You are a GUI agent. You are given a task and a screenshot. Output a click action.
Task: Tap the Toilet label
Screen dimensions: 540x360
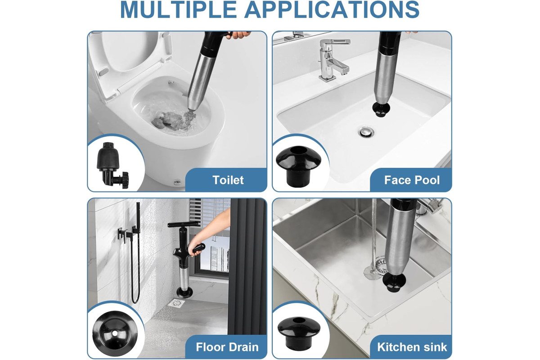[228, 180]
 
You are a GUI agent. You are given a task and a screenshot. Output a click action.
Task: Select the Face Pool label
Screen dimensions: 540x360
[412, 180]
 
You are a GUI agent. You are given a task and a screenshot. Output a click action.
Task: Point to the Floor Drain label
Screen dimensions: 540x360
[227, 347]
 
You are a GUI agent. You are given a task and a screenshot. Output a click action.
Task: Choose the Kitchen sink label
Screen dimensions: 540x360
[412, 347]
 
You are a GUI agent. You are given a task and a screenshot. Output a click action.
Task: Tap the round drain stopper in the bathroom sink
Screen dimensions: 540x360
[366, 132]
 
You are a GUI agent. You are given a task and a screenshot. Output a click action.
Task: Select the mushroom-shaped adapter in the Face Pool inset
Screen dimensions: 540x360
[298, 166]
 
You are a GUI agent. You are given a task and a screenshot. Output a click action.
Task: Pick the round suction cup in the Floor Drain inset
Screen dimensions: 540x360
[115, 333]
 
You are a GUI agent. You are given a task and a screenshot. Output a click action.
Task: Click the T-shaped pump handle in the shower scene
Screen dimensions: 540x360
[184, 225]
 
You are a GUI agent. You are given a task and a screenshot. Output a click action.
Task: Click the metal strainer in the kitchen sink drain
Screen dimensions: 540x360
[381, 265]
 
